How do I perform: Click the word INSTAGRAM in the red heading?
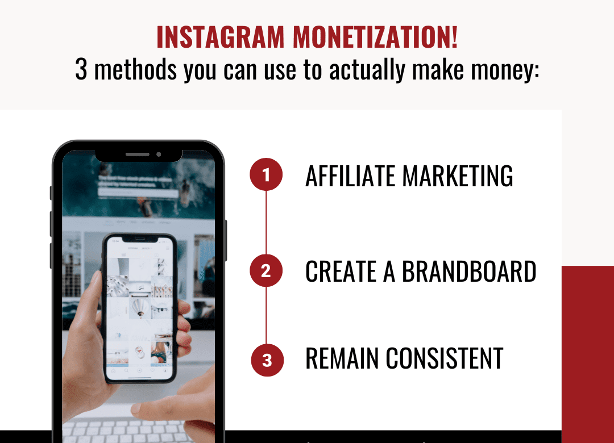(x=221, y=37)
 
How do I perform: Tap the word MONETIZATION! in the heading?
(x=375, y=37)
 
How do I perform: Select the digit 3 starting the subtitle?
(x=81, y=69)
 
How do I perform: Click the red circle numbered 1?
(x=266, y=175)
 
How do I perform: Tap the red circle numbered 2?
(x=266, y=271)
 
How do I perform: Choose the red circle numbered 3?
(x=267, y=360)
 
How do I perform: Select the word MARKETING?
(x=458, y=176)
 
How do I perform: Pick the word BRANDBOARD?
(x=469, y=271)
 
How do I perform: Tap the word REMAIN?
(x=342, y=358)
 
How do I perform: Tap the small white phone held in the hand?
(x=139, y=307)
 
